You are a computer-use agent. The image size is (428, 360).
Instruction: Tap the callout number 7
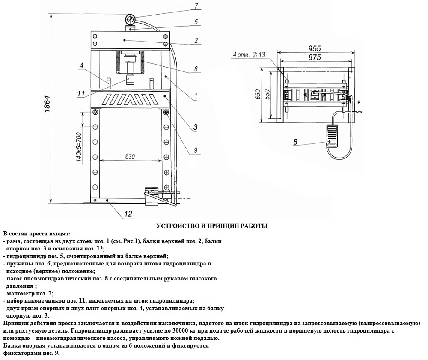tap(196, 6)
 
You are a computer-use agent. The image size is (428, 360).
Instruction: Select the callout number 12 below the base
tap(128, 214)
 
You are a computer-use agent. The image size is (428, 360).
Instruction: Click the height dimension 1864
tap(47, 104)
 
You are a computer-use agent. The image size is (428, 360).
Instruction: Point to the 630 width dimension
tap(130, 156)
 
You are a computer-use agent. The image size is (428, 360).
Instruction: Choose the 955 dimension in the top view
tap(315, 48)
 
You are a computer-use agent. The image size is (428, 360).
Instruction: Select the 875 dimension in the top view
tap(315, 57)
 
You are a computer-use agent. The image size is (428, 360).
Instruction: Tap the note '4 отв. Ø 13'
tap(249, 54)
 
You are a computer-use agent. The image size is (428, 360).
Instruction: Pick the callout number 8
tap(295, 142)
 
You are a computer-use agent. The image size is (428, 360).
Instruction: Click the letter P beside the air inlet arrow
tap(359, 102)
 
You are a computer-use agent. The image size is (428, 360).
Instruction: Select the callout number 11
tap(81, 94)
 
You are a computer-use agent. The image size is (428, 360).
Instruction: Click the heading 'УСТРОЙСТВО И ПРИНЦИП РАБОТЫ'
tap(212, 226)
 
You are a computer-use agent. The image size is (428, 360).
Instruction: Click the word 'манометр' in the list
tap(20, 294)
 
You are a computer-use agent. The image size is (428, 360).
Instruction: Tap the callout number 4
tap(81, 65)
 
